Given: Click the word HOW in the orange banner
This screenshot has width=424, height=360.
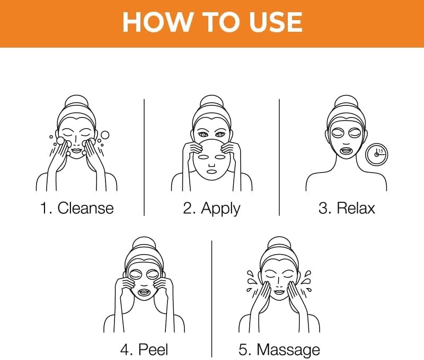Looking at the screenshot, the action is tap(158, 22).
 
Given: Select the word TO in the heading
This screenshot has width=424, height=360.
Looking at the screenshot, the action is tap(222, 22).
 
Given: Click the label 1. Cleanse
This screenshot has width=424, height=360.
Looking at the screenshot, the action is tap(77, 208).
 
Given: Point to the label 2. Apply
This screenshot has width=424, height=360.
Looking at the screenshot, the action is tap(211, 209).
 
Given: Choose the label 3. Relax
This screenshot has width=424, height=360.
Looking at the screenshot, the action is tap(347, 208).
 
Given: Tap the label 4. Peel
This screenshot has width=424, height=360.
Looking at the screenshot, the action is tap(144, 350).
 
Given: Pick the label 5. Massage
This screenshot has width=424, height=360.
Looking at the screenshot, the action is tap(279, 350).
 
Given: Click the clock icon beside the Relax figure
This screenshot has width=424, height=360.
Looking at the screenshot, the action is tap(376, 155).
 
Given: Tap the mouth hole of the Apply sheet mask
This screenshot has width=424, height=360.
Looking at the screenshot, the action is tap(211, 171).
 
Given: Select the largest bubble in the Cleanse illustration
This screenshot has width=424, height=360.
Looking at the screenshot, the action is tap(104, 135).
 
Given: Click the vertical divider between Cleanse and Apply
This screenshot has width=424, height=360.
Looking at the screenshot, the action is tap(144, 157).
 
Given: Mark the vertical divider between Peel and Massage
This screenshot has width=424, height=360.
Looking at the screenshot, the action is tap(211, 299).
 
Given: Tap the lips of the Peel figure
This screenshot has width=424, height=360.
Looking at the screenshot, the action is tap(144, 292).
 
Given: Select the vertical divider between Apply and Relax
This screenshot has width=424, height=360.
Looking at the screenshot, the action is tap(279, 157).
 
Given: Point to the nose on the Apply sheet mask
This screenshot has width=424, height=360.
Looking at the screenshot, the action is tap(211, 165).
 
